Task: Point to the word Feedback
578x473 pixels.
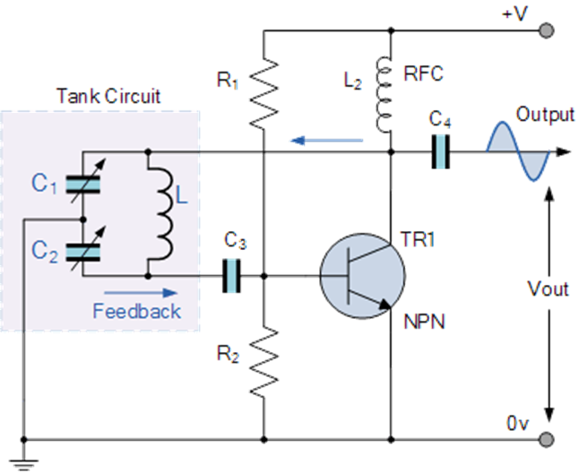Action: pyautogui.click(x=136, y=311)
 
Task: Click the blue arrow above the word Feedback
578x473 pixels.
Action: pyautogui.click(x=134, y=291)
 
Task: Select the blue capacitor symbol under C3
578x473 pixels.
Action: pyautogui.click(x=232, y=276)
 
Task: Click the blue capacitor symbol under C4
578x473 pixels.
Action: pyautogui.click(x=441, y=151)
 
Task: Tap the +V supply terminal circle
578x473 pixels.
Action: pyautogui.click(x=546, y=30)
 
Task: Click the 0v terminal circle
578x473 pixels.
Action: pyautogui.click(x=546, y=439)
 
